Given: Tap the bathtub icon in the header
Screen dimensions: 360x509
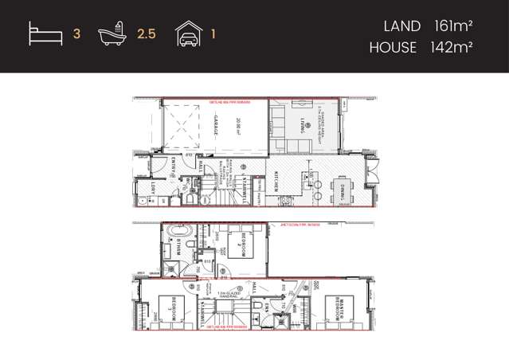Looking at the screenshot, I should [113, 34].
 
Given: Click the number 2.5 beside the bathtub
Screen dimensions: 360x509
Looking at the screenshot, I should [145, 35].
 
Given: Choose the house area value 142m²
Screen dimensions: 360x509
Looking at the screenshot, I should [451, 48].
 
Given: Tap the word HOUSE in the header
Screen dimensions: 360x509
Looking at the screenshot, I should [393, 48].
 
